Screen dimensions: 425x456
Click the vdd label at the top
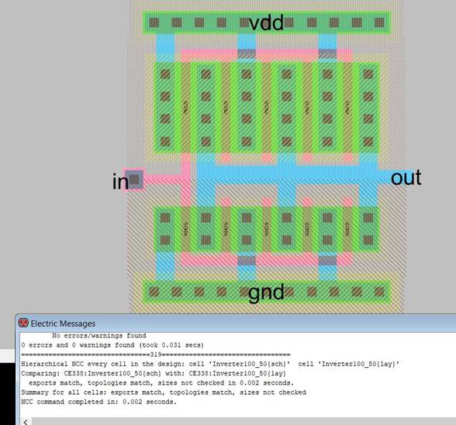[265, 22]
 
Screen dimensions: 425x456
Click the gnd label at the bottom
[266, 293]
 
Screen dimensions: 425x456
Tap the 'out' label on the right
[406, 178]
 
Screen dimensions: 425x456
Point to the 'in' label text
[119, 182]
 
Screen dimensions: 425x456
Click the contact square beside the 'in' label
[135, 180]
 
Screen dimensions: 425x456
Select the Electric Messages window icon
[23, 324]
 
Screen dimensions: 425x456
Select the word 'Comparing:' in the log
[39, 373]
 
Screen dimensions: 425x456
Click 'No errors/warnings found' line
[98, 335]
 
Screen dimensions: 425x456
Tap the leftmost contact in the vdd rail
[154, 22]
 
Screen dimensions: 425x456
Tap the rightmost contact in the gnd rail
[379, 293]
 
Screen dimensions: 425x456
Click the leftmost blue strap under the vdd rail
[165, 48]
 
